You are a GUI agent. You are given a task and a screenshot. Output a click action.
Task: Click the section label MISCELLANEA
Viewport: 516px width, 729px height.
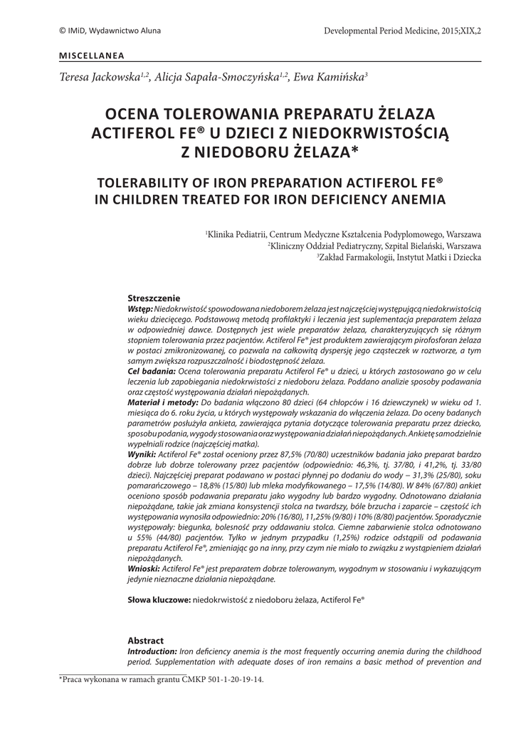point(91,55)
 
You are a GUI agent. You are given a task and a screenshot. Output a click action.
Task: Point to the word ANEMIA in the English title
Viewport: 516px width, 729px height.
point(414,199)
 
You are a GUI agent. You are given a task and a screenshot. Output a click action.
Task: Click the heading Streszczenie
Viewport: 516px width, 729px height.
point(154,298)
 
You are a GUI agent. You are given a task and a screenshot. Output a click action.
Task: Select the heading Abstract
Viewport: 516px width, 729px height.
point(145,640)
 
